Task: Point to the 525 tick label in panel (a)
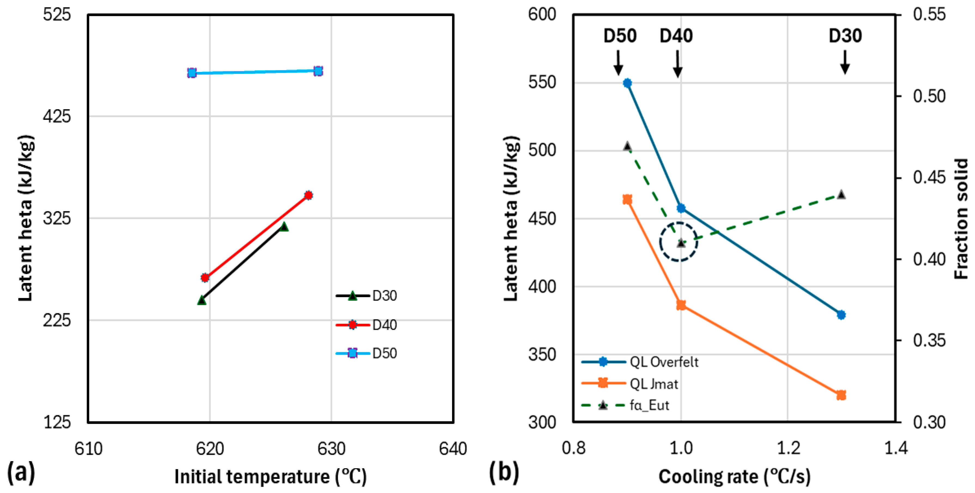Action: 57,14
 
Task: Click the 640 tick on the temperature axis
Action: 453,449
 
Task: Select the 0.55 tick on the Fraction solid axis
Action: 929,14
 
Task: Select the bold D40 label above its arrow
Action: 676,36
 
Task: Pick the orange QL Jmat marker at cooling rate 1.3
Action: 841,395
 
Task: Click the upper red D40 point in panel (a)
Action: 308,195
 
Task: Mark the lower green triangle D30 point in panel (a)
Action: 202,300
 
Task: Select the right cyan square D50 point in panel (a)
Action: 318,71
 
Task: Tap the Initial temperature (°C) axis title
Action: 270,476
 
